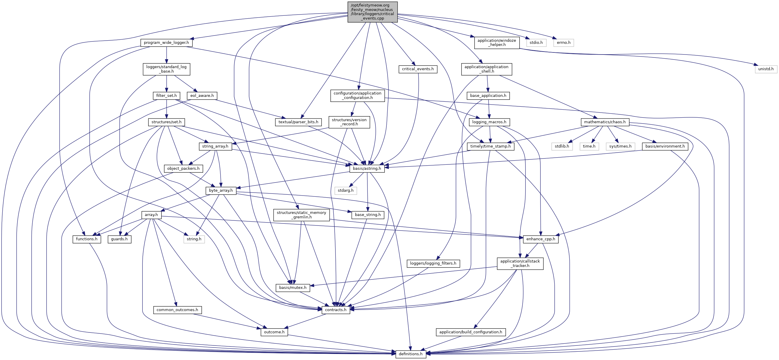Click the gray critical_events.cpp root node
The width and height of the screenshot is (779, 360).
(x=372, y=12)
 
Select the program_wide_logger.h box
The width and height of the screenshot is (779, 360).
(x=166, y=43)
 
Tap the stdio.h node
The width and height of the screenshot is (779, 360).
(x=536, y=43)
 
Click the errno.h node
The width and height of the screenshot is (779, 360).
(x=563, y=43)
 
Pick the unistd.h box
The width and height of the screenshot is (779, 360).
(x=766, y=69)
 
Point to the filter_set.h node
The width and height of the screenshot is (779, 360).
(x=166, y=96)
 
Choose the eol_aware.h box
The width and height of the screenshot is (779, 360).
(x=202, y=96)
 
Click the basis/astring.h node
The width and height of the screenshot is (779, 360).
(x=367, y=169)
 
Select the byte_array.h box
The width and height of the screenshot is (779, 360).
(x=221, y=191)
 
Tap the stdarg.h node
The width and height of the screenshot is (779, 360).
(x=345, y=191)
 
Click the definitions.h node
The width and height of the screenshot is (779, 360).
(x=411, y=354)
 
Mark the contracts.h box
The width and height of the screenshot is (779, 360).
(x=336, y=310)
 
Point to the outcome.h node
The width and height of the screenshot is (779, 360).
(x=274, y=332)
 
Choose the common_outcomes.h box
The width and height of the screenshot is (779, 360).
(x=177, y=310)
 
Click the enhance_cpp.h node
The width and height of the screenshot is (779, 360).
(x=541, y=239)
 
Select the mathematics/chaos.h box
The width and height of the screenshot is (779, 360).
(x=605, y=122)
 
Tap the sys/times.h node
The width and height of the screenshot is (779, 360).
(x=620, y=146)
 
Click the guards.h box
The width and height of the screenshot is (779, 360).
(x=119, y=239)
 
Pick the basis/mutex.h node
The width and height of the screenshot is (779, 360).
(x=293, y=288)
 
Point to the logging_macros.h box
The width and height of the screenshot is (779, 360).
(x=489, y=122)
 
